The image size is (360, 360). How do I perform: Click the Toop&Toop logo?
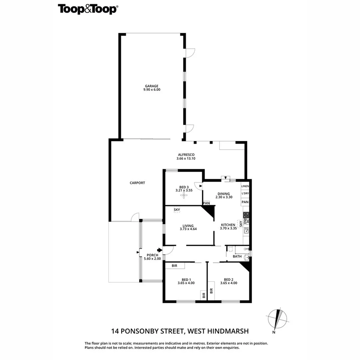(x=88, y=9)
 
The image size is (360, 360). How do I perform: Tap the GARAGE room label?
(x=152, y=86)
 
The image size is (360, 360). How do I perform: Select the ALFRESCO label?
(x=186, y=154)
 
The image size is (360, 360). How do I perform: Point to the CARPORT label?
(x=137, y=183)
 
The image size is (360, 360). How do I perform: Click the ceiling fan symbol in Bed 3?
(x=184, y=195)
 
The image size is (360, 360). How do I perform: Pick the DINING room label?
(x=223, y=194)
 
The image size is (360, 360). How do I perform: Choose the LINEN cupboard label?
(x=245, y=186)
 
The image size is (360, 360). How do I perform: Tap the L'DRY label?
(x=245, y=194)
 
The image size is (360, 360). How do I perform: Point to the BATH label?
(x=238, y=256)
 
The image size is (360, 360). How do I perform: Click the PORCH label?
(x=152, y=255)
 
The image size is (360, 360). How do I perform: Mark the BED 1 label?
(x=186, y=279)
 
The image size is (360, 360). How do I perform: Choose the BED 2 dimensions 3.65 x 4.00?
(x=228, y=283)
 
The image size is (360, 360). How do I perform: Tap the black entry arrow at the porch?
(x=160, y=250)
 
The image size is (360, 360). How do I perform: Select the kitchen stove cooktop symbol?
(x=246, y=215)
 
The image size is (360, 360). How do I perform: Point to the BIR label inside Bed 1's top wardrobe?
(x=174, y=266)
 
